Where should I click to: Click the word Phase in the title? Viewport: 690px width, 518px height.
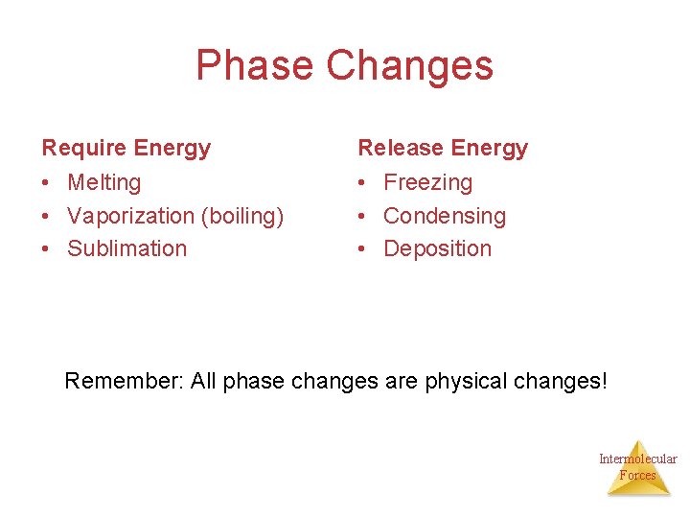pyautogui.click(x=254, y=65)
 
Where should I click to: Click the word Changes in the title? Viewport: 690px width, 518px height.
pyautogui.click(x=409, y=65)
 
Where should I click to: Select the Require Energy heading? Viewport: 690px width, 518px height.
pyautogui.click(x=126, y=148)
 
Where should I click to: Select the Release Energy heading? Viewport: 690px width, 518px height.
pyautogui.click(x=443, y=148)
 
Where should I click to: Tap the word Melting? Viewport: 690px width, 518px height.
pyautogui.click(x=103, y=182)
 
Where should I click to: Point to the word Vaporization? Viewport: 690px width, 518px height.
pyautogui.click(x=130, y=216)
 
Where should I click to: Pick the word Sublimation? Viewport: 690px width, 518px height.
pyautogui.click(x=126, y=248)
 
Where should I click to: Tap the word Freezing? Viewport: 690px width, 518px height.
pyautogui.click(x=427, y=182)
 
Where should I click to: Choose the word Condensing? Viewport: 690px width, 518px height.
pyautogui.click(x=444, y=216)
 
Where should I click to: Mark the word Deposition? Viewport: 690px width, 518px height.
pyautogui.click(x=437, y=248)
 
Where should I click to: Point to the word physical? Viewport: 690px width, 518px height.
pyautogui.click(x=471, y=381)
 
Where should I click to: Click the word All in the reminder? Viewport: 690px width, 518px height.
pyautogui.click(x=204, y=381)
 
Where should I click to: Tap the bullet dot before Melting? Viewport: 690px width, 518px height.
pyautogui.click(x=46, y=183)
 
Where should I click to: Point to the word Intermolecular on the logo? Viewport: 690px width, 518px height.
pyautogui.click(x=638, y=459)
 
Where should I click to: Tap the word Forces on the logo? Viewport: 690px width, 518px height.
pyautogui.click(x=638, y=475)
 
